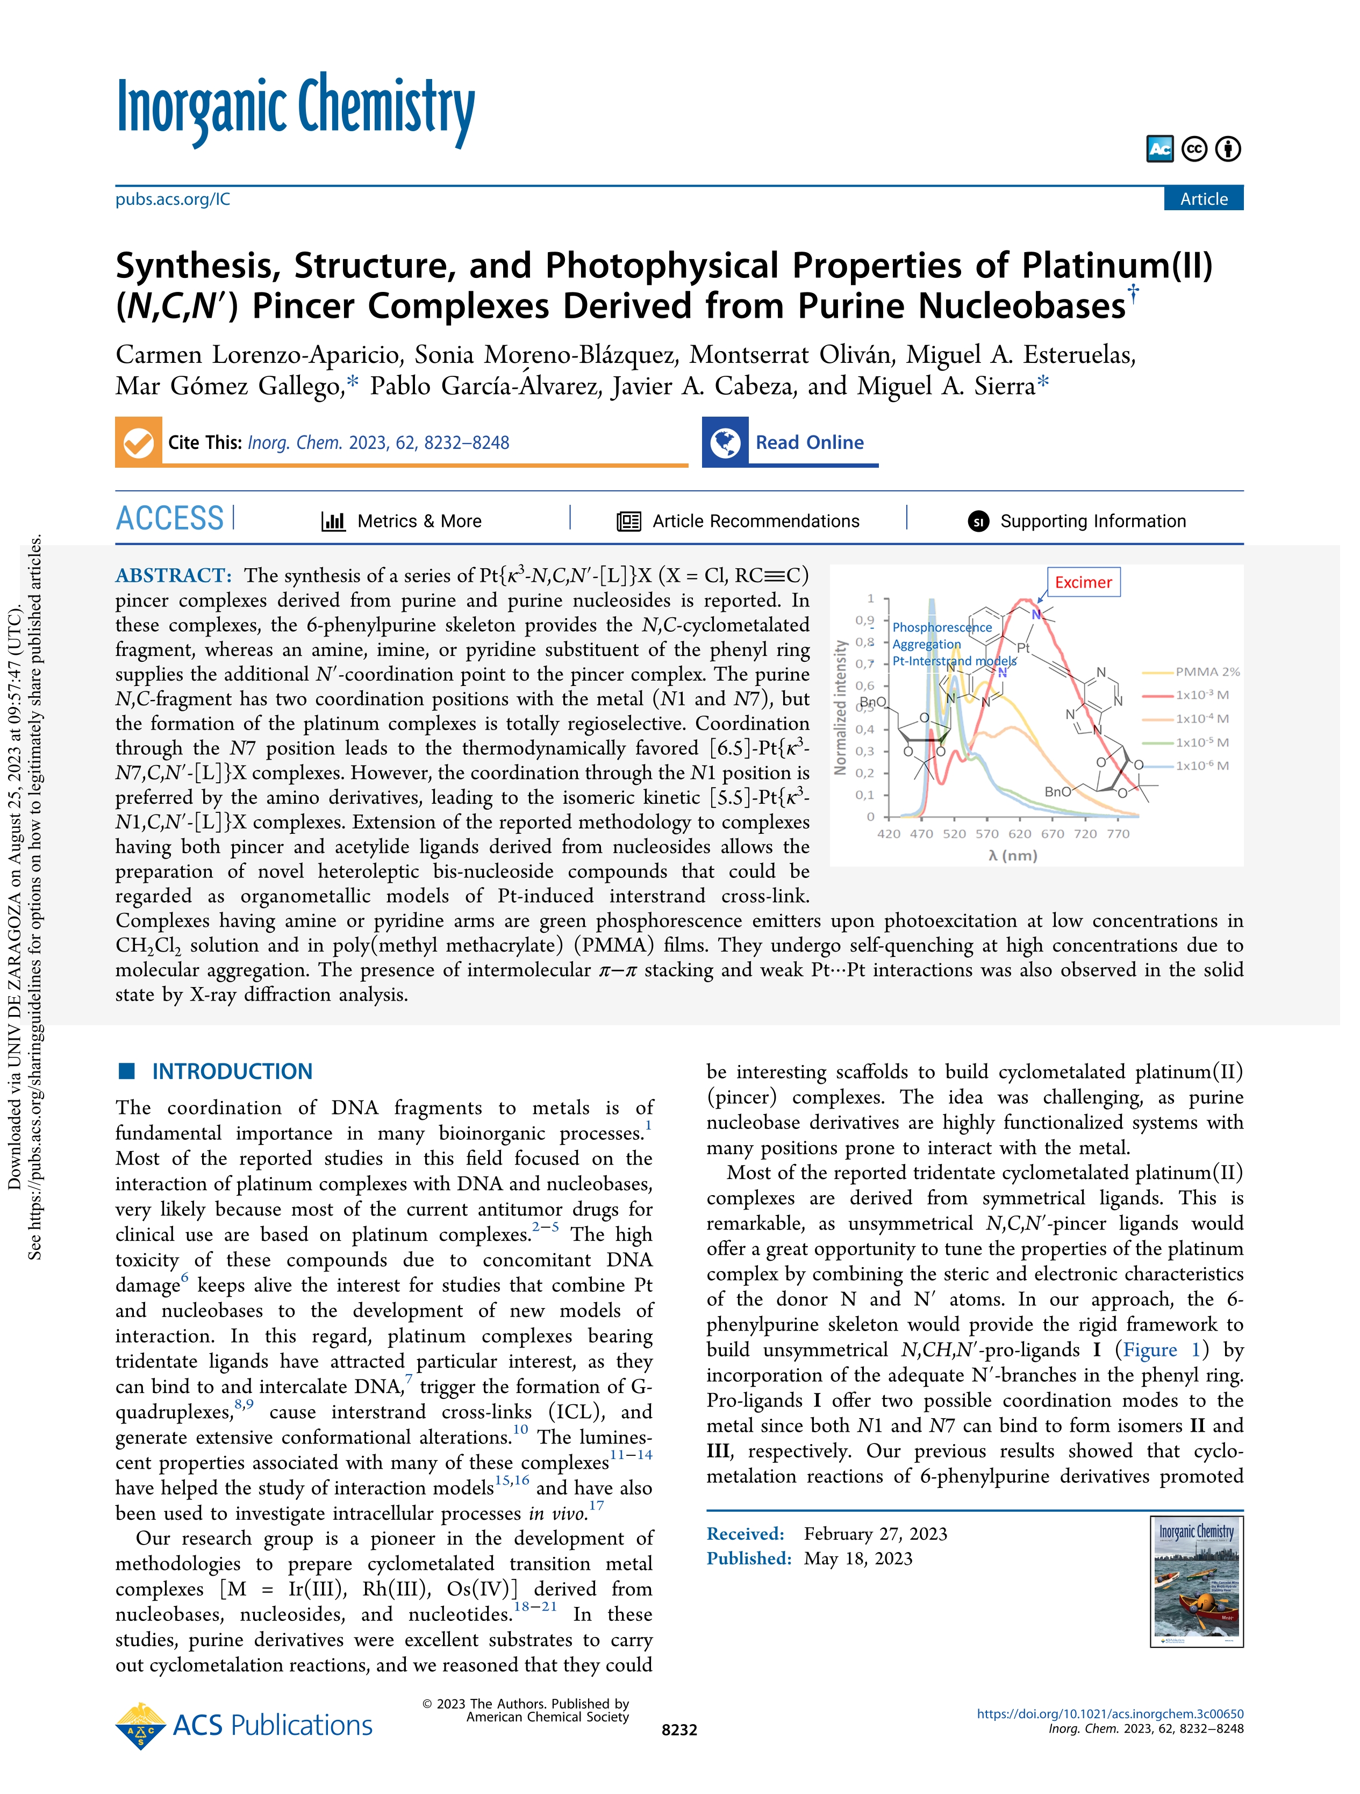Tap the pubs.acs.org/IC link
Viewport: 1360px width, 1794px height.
[173, 199]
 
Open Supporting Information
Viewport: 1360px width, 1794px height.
[1092, 521]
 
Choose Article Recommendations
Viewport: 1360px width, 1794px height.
[755, 521]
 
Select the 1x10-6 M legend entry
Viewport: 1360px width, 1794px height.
[1202, 766]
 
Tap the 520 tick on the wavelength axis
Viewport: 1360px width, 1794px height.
[955, 834]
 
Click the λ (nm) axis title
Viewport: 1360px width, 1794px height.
[1013, 856]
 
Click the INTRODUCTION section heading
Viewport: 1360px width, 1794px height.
[232, 1071]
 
